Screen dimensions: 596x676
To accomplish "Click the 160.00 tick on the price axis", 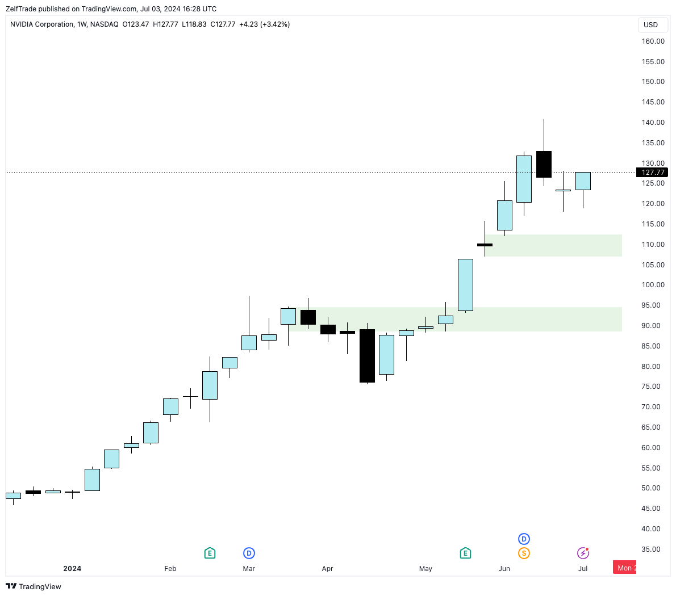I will coord(653,41).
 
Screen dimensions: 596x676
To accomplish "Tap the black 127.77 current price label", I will coord(652,173).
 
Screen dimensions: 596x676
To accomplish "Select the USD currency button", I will coord(650,25).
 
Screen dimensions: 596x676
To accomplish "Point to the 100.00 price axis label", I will coord(653,285).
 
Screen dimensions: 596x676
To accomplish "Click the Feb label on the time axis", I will coord(170,568).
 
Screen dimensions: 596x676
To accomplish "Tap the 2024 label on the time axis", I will coord(72,568).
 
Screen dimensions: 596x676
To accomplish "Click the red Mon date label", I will coord(625,568).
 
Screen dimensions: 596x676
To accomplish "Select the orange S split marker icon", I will coord(524,553).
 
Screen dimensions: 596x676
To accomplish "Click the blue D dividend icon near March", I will coord(249,553).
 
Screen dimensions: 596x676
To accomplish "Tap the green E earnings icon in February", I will coord(210,553).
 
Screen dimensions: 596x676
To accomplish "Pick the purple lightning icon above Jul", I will coord(583,553).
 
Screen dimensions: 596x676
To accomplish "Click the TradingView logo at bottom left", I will coord(34,586).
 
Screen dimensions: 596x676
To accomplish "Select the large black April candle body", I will coord(367,356).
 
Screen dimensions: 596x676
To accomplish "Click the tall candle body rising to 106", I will coord(465,285).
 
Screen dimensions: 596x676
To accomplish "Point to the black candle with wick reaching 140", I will coord(544,164).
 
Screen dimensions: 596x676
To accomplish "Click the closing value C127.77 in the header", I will coord(223,24).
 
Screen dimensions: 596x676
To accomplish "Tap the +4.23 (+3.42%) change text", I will coord(265,24).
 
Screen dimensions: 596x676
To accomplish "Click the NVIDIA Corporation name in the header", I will coord(42,24).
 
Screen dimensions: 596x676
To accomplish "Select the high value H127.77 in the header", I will coord(165,24).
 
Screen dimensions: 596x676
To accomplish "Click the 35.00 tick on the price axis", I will coord(653,549).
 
